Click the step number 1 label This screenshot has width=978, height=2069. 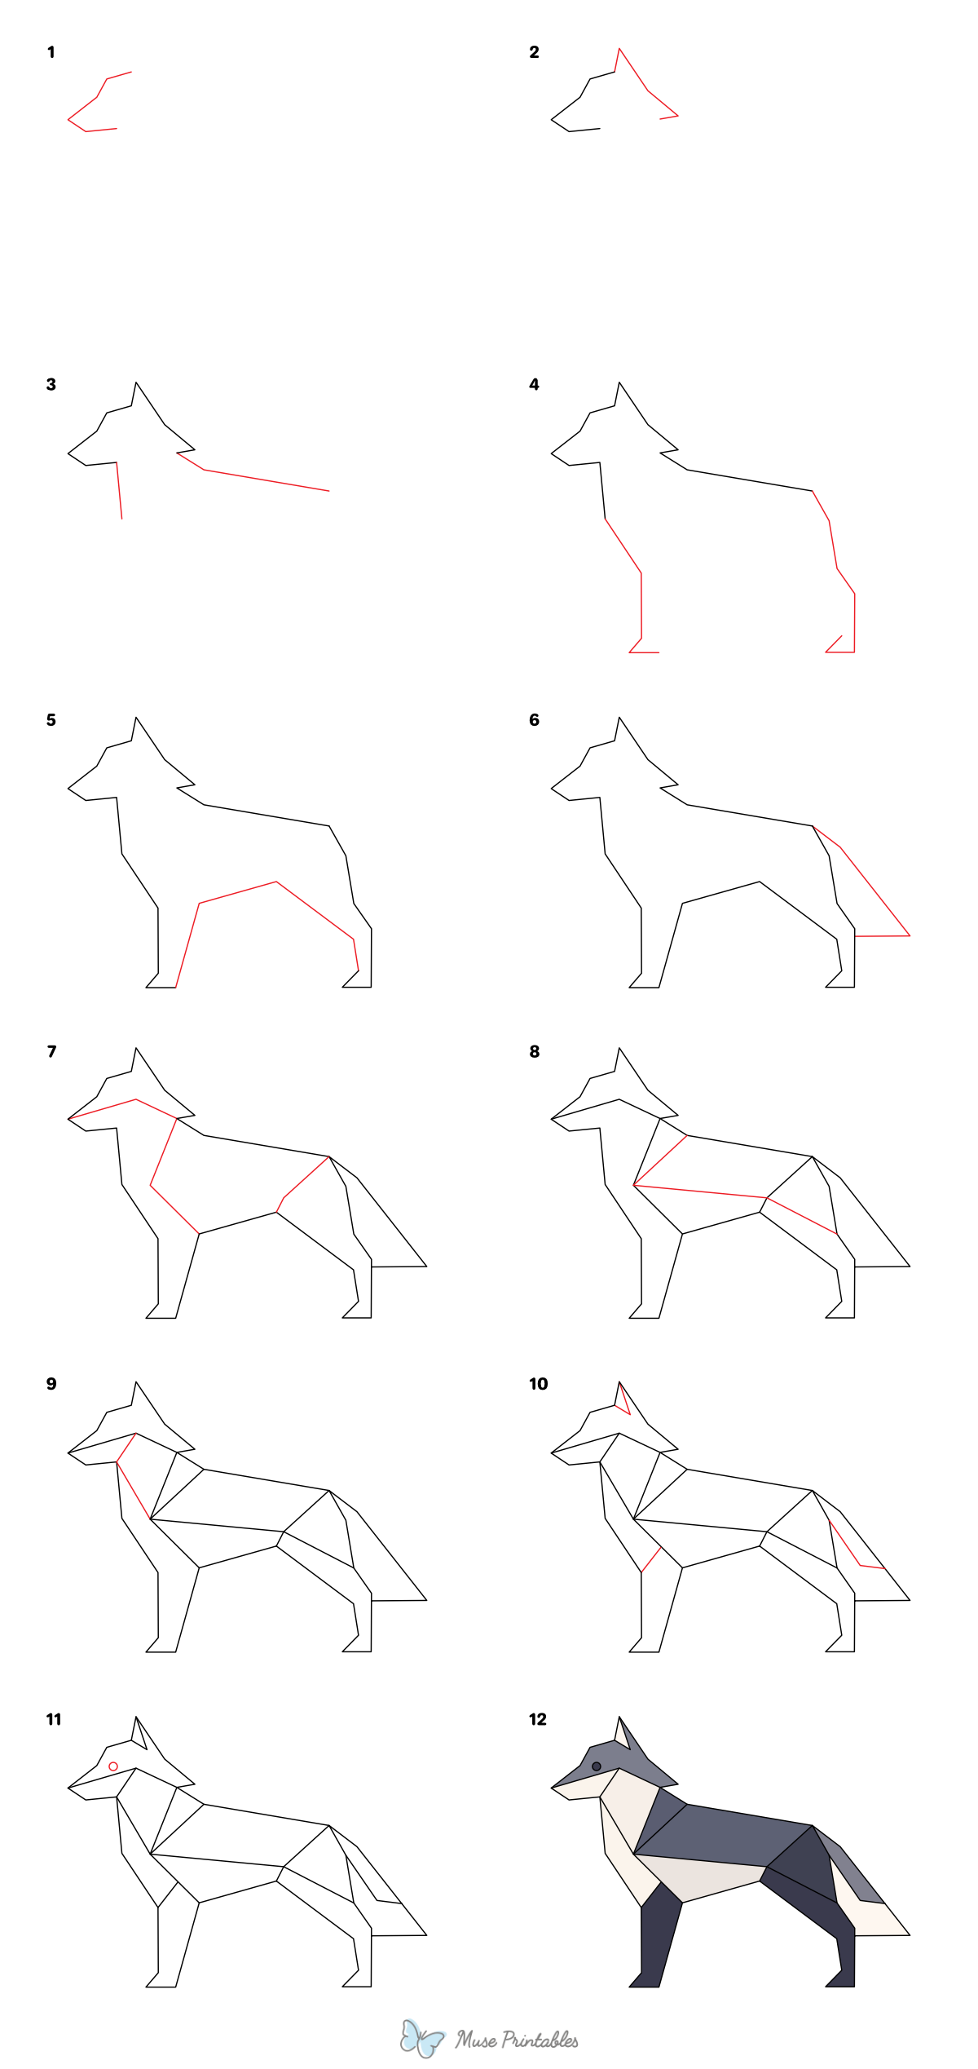click(x=51, y=52)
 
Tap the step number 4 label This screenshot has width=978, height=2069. click(x=534, y=384)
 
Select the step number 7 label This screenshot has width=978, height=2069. click(x=51, y=1051)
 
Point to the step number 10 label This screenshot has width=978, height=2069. click(x=538, y=1384)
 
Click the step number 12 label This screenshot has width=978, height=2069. click(x=538, y=1719)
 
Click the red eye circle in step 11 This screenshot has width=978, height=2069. click(x=113, y=1766)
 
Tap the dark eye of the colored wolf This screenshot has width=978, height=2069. click(x=597, y=1766)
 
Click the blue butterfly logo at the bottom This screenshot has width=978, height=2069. click(x=421, y=2039)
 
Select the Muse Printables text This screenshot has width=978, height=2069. click(x=517, y=2040)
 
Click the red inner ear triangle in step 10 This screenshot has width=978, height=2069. click(x=623, y=1400)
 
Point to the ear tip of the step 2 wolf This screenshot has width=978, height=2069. click(x=619, y=50)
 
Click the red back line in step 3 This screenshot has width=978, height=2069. click(x=266, y=480)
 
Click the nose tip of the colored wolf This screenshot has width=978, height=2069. click(x=553, y=1788)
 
